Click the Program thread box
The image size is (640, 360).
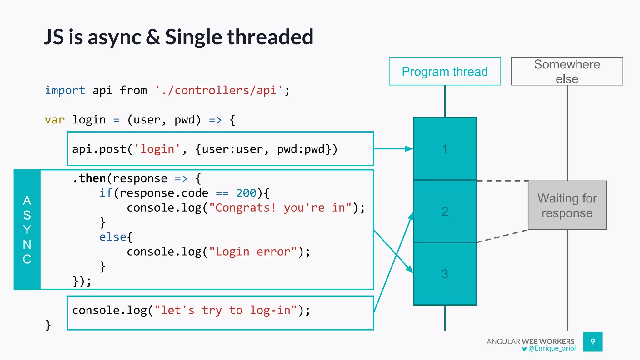tap(445, 71)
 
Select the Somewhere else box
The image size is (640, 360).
tap(567, 71)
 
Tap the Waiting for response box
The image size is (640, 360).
tap(567, 205)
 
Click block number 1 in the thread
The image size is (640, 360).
tap(445, 149)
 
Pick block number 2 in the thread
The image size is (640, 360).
tap(445, 212)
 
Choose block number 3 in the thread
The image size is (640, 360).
tap(445, 274)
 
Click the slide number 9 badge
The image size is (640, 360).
tap(592, 342)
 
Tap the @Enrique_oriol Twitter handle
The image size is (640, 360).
tap(552, 348)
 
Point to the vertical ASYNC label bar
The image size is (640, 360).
tap(27, 230)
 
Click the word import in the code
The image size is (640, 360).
tap(65, 90)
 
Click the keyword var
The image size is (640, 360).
tap(55, 120)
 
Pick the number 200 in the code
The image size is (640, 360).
tap(246, 193)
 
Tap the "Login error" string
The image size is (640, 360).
tap(253, 252)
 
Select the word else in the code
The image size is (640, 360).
tap(113, 237)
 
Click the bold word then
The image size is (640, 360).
tap(92, 178)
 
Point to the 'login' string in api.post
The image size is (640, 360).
tap(157, 149)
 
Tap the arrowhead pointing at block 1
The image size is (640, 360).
tap(409, 149)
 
